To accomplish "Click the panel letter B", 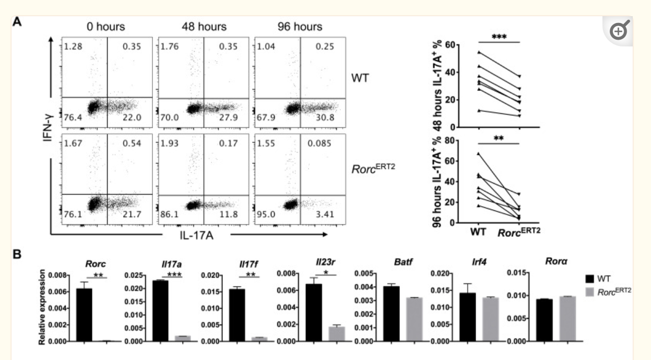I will tap(17, 257).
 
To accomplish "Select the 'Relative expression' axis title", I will tap(43, 307).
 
